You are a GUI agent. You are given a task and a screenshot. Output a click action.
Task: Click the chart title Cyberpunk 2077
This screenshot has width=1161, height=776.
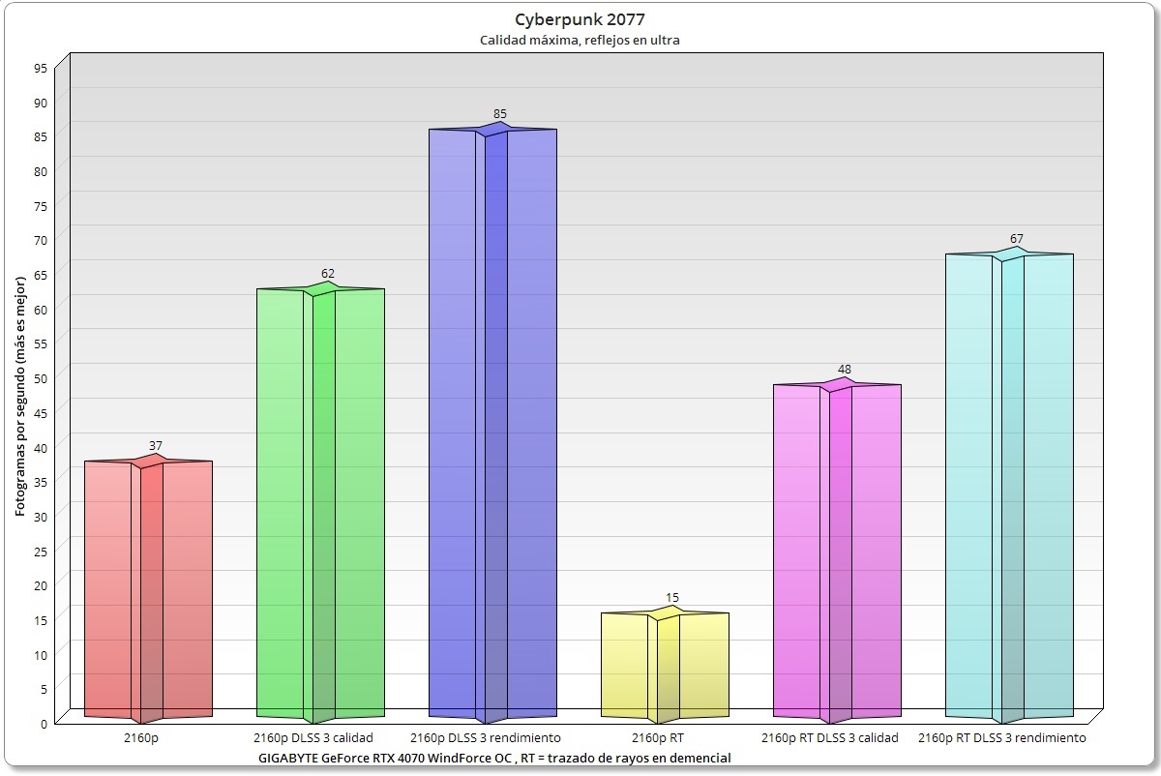click(x=580, y=18)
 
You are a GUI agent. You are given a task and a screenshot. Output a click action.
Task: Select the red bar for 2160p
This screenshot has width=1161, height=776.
click(x=148, y=590)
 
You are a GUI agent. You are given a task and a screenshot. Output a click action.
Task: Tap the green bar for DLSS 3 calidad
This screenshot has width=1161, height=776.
click(x=320, y=503)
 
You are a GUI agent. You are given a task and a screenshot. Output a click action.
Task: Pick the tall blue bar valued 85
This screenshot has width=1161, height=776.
click(x=492, y=426)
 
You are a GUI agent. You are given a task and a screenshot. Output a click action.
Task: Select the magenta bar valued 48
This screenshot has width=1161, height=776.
click(x=837, y=552)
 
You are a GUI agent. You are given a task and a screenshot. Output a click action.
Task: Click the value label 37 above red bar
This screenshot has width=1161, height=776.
click(x=156, y=446)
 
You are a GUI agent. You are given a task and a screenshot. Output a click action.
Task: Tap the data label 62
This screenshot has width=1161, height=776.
click(x=328, y=274)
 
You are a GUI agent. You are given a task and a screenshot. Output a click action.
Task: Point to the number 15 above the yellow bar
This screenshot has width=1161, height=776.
click(x=672, y=598)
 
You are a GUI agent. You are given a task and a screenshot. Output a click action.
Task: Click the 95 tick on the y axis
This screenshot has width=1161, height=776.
click(x=40, y=69)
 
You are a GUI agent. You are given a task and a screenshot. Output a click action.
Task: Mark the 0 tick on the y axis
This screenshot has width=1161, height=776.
click(x=44, y=722)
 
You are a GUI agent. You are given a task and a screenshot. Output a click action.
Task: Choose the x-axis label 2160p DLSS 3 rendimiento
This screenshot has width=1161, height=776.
click(x=492, y=738)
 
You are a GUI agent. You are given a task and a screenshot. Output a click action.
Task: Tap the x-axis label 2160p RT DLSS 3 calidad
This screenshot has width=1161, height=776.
click(x=830, y=738)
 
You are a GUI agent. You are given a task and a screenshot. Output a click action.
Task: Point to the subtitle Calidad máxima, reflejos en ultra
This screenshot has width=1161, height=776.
click(x=580, y=40)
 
